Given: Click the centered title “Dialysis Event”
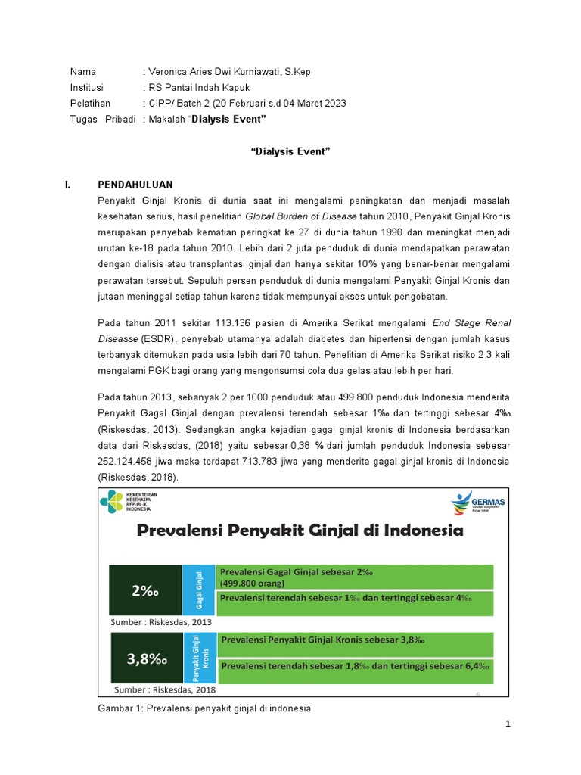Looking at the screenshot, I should (x=290, y=152).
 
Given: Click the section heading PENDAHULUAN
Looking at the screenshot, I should (x=135, y=185).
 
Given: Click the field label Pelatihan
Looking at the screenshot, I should (x=90, y=104).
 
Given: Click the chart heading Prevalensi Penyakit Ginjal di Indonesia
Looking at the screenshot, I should (x=300, y=531).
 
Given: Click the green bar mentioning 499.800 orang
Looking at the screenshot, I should (x=356, y=577).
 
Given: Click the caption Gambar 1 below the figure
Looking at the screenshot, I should (x=204, y=708).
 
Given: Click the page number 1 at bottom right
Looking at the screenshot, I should (x=508, y=724).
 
